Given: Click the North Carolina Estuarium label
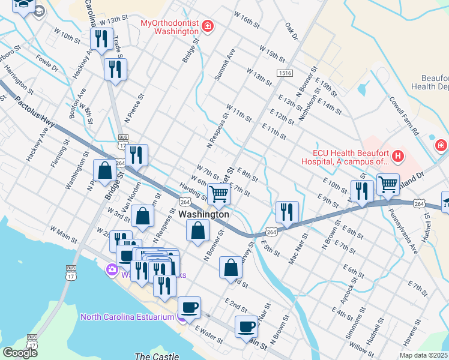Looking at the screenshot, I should tap(127, 317).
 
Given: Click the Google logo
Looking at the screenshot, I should tap(20, 352).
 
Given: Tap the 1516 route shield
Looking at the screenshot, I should tap(285, 73).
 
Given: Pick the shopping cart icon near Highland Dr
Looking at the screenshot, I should tap(388, 184).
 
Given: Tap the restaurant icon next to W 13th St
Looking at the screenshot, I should tap(101, 39).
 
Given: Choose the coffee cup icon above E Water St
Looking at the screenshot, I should tap(190, 307).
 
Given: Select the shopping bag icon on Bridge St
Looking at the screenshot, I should tap(104, 170).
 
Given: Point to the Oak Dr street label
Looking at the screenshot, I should tap(292, 31).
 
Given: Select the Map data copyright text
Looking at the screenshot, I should tap(423, 355).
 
